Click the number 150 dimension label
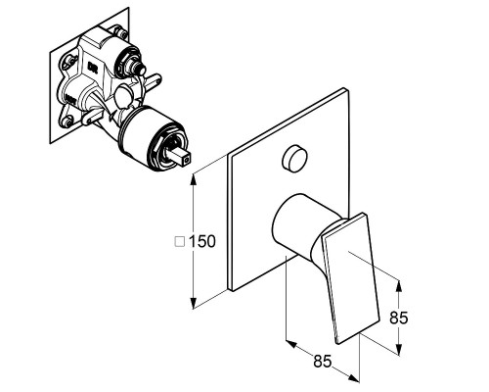click(x=202, y=241)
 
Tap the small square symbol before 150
click(x=180, y=241)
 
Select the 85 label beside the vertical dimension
click(x=399, y=318)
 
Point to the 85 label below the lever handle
click(x=323, y=362)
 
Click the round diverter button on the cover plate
click(x=294, y=158)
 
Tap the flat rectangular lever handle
click(x=351, y=278)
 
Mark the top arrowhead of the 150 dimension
click(x=194, y=178)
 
